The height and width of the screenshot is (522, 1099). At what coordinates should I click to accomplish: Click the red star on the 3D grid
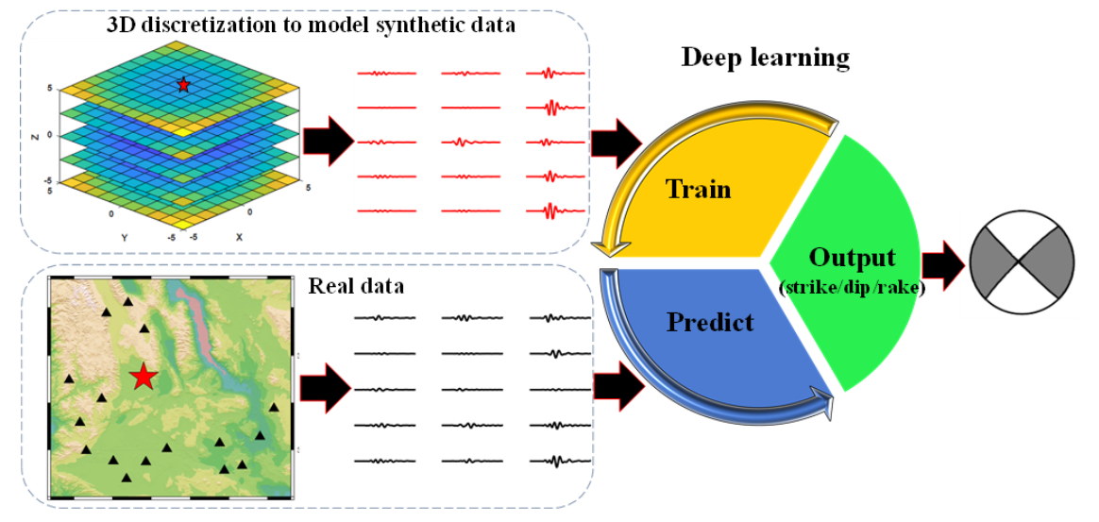click(183, 85)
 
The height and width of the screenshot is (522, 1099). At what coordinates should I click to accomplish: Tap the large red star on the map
click(143, 377)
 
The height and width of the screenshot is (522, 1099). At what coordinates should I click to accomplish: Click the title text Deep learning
click(765, 58)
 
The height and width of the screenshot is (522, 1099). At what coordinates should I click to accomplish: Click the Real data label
click(356, 285)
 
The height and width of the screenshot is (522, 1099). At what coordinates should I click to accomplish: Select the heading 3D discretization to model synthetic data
click(311, 25)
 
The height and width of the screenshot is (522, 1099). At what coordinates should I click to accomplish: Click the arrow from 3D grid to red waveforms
click(328, 142)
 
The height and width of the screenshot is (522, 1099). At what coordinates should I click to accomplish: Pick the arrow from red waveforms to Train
click(615, 142)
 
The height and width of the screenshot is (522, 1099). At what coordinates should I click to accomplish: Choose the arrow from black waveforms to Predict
click(618, 387)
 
